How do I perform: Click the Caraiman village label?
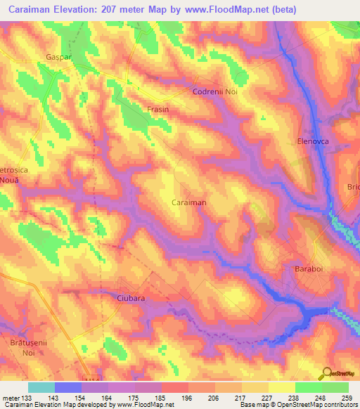point(189,202)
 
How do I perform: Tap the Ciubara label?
point(130,298)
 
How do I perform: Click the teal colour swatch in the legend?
point(41,387)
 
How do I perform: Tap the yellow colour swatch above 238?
point(281,387)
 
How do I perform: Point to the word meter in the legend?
point(11,397)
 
